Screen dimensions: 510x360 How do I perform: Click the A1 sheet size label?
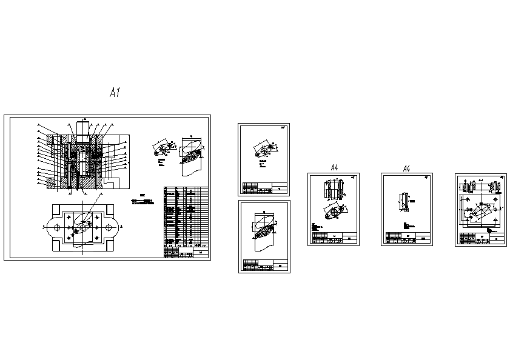[x=115, y=93]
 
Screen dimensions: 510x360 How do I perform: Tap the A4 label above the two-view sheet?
[x=334, y=167]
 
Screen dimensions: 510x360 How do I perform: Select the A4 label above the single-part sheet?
[x=407, y=168]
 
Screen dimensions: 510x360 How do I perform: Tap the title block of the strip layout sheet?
[x=265, y=265]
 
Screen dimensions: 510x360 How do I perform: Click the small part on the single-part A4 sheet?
[x=404, y=201]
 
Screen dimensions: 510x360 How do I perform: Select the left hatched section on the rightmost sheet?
[x=468, y=188]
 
